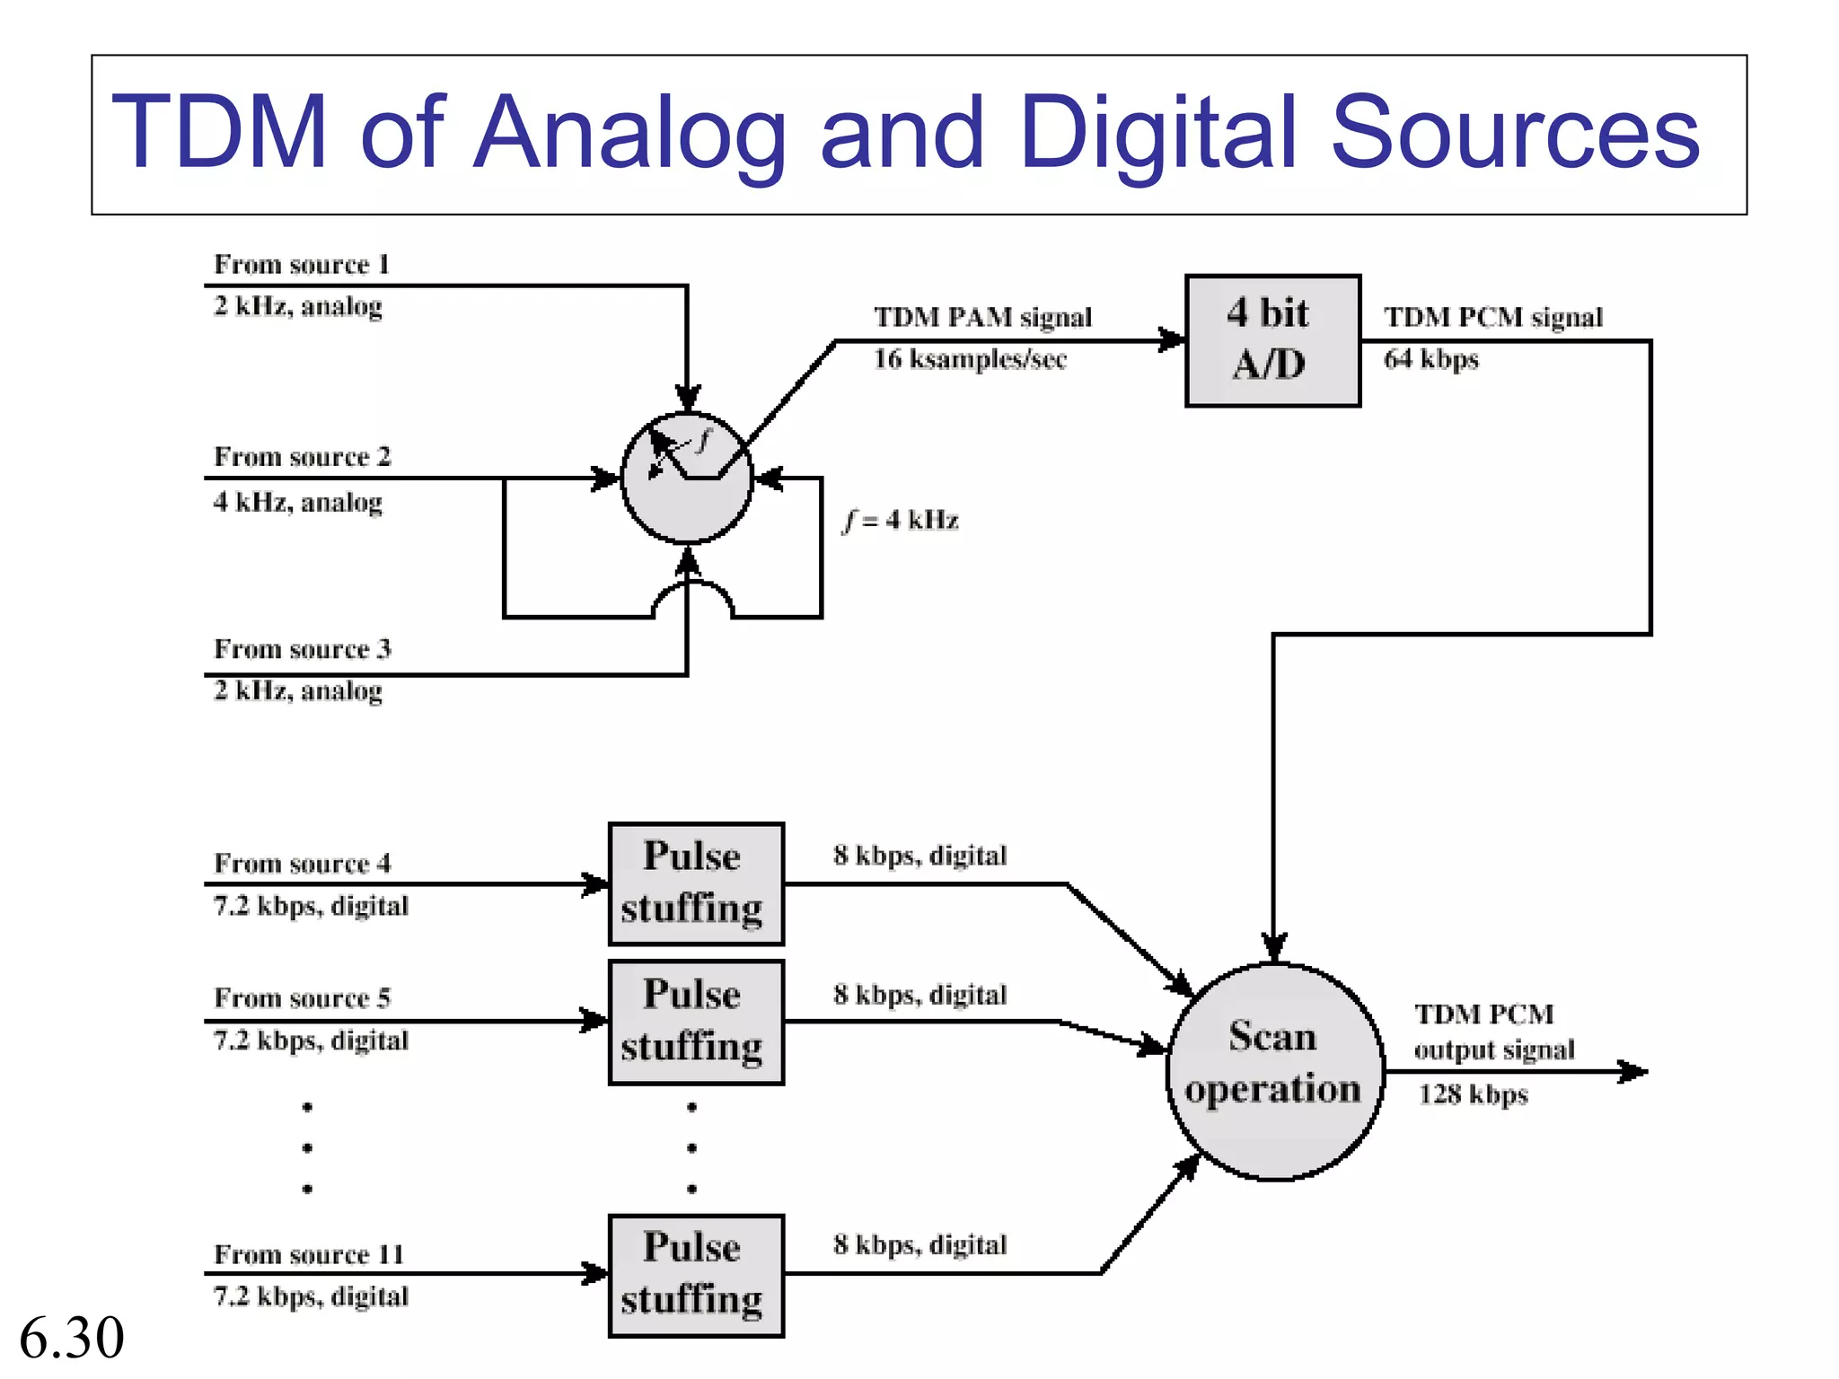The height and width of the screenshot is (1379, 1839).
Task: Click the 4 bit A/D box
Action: point(1272,340)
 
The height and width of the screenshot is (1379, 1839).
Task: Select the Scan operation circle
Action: point(1274,1071)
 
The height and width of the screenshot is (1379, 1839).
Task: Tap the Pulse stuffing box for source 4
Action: point(696,883)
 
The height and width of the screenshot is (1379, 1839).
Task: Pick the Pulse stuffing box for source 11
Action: point(696,1276)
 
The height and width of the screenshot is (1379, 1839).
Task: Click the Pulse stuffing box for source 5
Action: point(696,1022)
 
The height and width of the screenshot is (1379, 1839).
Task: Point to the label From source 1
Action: point(302,265)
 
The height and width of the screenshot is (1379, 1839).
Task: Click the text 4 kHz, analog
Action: point(298,502)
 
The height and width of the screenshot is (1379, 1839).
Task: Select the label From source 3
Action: point(303,649)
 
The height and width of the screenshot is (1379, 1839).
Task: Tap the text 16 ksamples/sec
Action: point(970,359)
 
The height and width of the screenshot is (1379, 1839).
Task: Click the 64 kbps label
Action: point(1430,359)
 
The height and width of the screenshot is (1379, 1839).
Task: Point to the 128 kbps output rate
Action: point(1473,1094)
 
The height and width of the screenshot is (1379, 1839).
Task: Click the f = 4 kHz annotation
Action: point(901,520)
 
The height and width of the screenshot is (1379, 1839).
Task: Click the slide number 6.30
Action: point(72,1338)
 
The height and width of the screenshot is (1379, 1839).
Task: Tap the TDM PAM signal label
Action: point(982,317)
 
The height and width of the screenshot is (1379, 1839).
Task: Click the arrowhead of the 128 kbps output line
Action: point(1634,1071)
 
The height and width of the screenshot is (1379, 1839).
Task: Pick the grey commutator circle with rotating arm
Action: point(687,479)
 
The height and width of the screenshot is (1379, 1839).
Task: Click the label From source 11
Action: point(309,1254)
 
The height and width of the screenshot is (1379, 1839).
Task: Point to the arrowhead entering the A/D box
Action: point(1171,340)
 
